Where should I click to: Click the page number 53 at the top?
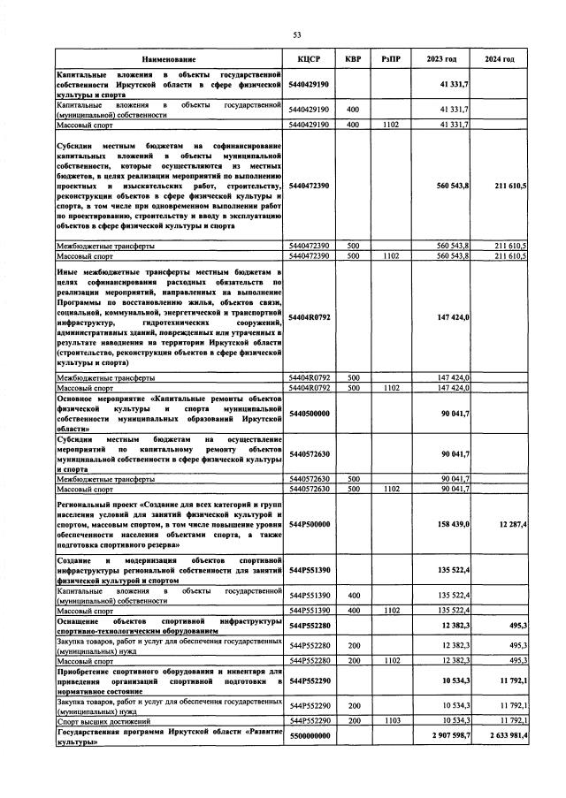(297, 34)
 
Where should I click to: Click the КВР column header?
(353, 59)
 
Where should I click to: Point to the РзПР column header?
(390, 59)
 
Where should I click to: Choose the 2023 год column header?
(441, 59)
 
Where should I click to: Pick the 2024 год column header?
(500, 59)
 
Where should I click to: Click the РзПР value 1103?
(390, 721)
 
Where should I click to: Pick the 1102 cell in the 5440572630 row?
(390, 489)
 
